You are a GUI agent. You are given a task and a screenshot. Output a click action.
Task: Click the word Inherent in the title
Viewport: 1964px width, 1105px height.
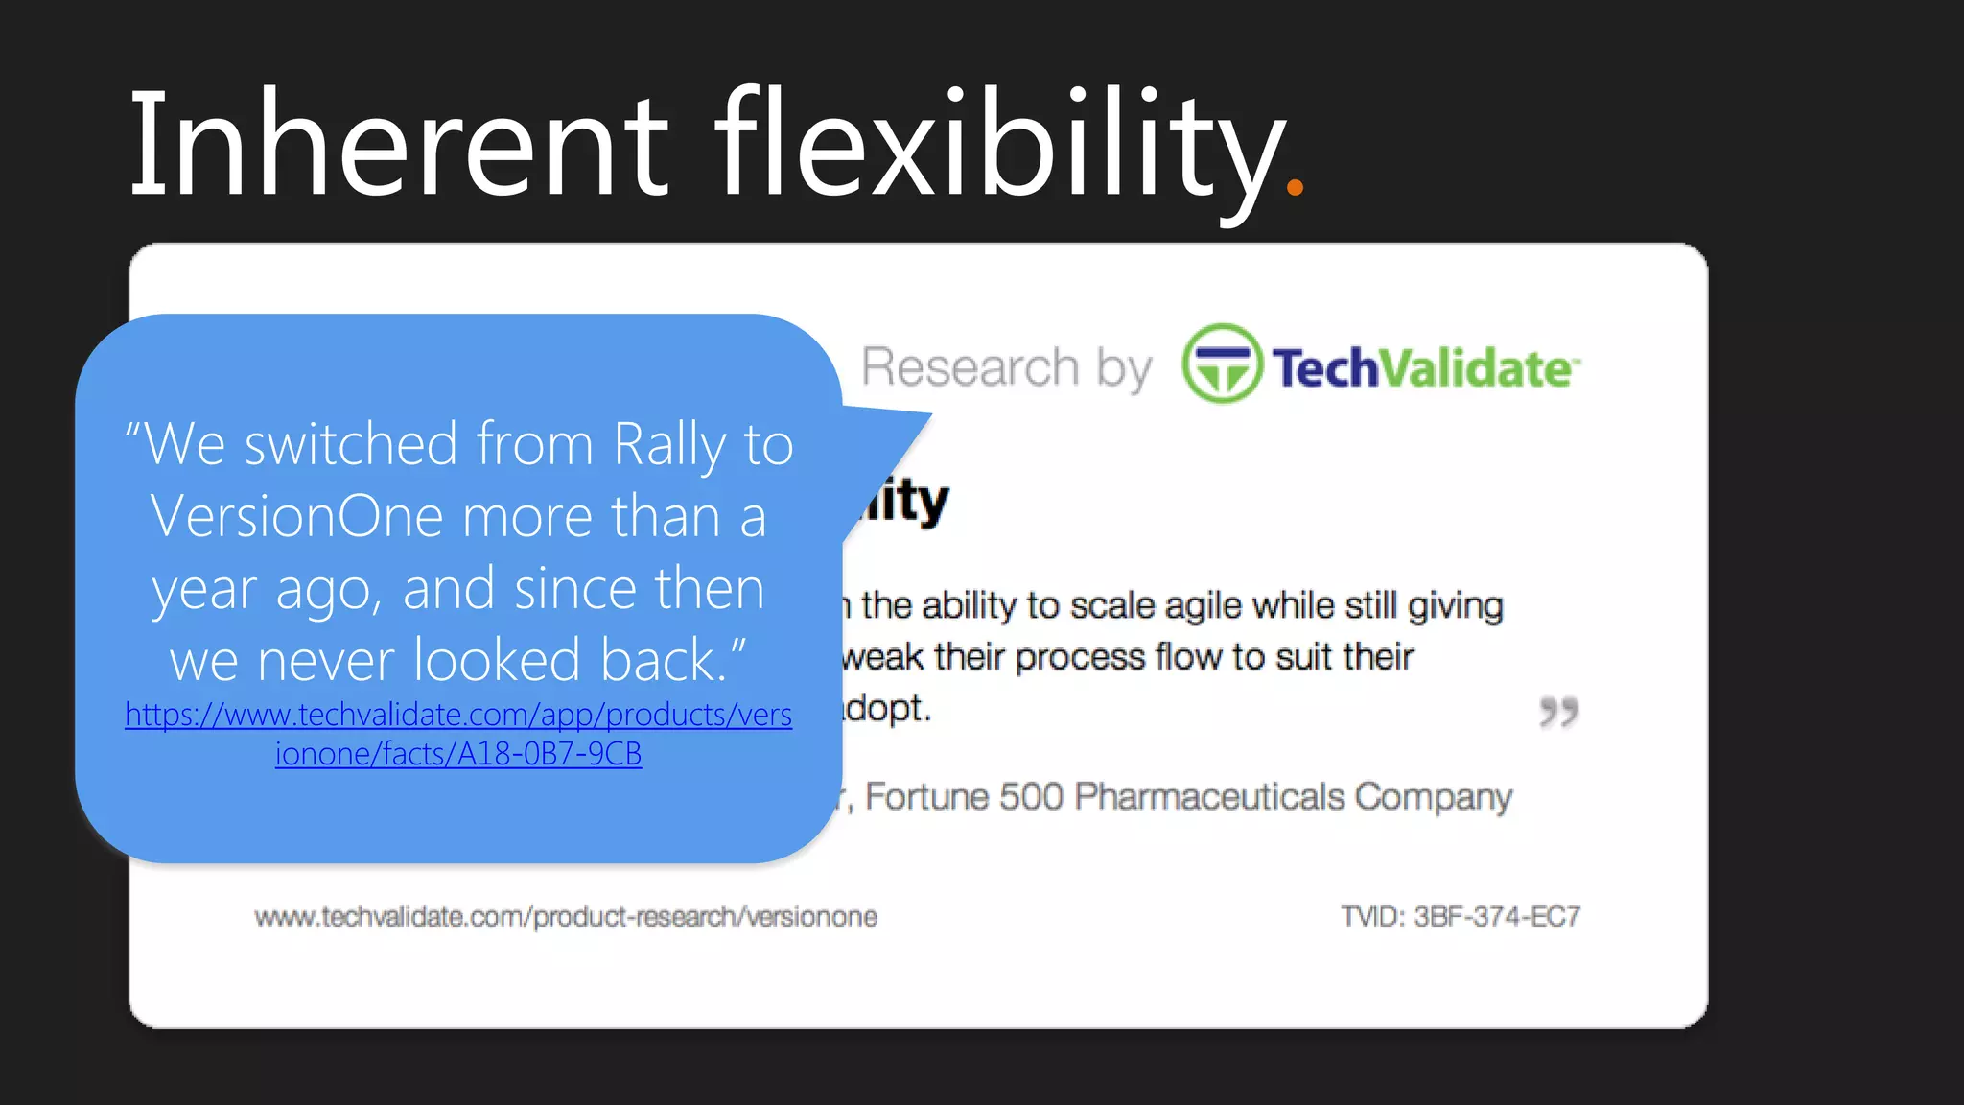tap(398, 144)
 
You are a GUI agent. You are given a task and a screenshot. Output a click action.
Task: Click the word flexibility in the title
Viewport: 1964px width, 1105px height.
tap(997, 144)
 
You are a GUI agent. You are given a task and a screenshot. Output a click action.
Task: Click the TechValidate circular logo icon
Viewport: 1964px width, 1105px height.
tap(1222, 364)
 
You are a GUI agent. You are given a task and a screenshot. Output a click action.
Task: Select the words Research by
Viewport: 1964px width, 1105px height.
tap(1005, 367)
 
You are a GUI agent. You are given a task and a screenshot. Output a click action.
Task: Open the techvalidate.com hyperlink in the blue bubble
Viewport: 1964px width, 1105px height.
tap(458, 734)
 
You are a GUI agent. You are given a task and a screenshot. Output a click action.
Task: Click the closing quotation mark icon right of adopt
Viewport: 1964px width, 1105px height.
tap(1558, 712)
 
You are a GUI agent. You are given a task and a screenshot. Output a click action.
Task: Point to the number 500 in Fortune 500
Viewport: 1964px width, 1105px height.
tap(1030, 797)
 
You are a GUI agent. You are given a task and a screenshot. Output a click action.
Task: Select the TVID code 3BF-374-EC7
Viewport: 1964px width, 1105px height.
tap(1496, 917)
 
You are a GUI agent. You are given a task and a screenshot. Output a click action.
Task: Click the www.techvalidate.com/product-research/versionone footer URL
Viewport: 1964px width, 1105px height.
tap(566, 917)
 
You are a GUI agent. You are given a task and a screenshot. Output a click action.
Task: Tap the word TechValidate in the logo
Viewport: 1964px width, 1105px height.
tap(1424, 368)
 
